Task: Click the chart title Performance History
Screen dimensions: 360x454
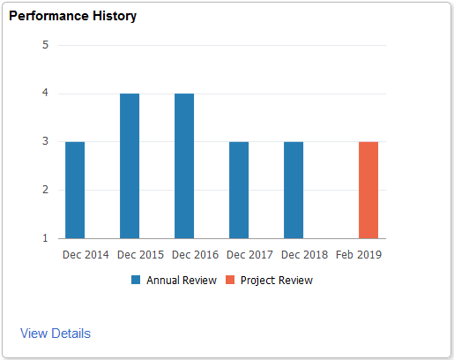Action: point(72,17)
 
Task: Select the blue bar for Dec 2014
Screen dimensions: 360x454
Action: point(75,190)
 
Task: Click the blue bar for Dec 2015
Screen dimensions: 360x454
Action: point(130,166)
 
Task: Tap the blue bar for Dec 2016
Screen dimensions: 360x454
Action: point(184,166)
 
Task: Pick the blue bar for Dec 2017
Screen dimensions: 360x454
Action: point(239,190)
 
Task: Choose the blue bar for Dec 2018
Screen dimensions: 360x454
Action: point(294,190)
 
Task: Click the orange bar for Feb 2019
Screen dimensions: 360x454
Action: point(368,190)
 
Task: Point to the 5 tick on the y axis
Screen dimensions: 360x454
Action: point(45,45)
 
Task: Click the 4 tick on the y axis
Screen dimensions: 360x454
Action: point(45,94)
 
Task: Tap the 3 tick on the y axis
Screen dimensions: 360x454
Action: point(45,141)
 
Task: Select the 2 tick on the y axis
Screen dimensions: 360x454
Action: point(45,190)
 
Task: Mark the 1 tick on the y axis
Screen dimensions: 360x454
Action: point(45,238)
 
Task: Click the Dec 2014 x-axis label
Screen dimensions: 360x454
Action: point(86,255)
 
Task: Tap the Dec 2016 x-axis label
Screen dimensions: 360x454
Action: point(196,255)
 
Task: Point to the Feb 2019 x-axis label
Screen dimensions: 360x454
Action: point(360,255)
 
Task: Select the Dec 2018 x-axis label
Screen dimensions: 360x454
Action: point(305,255)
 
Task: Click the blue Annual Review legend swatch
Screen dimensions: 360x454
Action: point(136,281)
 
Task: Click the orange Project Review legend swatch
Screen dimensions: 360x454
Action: point(229,281)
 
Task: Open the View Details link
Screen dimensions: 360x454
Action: point(55,334)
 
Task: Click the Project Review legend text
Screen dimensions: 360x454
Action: point(276,281)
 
